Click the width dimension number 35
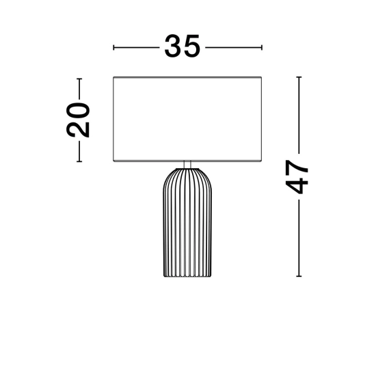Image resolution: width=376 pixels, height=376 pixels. tap(182, 46)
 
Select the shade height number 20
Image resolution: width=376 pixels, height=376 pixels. tap(78, 120)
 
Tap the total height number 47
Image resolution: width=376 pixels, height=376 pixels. tap(297, 177)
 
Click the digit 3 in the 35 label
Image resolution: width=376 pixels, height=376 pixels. tap(173, 46)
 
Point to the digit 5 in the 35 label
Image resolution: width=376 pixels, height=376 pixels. tap(191, 46)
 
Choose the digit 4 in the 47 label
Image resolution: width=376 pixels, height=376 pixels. tap(297, 185)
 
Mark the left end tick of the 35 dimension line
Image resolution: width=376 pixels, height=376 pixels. tap(113, 47)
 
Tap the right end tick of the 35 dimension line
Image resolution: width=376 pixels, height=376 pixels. tap(262, 47)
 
